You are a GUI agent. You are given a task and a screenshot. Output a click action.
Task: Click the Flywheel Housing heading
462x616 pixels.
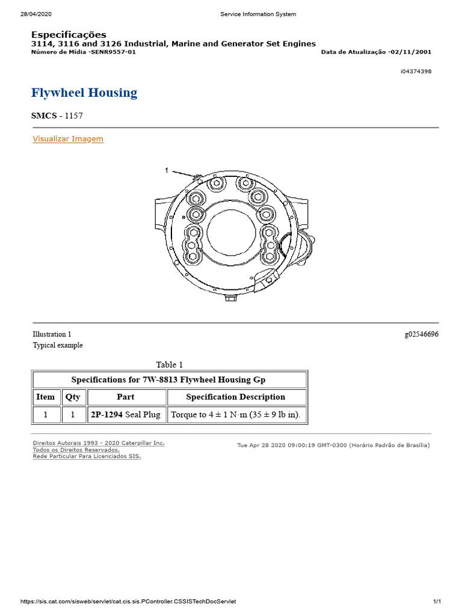84,93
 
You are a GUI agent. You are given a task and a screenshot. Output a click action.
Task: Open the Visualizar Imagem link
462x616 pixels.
68,139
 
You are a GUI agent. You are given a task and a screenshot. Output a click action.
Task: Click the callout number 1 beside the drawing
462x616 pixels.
167,171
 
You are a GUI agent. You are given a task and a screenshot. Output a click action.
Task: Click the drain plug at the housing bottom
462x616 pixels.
230,298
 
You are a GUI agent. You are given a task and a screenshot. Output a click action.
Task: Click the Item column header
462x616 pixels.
46,397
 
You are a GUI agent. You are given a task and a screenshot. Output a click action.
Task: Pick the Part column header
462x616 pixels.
126,397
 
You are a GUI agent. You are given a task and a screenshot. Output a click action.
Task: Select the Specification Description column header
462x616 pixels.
236,397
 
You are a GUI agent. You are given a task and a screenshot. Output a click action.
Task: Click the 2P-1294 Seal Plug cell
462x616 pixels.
126,415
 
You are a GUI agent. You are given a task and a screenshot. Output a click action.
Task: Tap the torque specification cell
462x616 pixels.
236,415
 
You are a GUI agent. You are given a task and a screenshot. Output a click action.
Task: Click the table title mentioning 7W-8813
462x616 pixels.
168,380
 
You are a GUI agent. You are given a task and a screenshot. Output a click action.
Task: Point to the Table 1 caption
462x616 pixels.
170,365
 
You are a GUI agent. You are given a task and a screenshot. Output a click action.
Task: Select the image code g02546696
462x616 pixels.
421,334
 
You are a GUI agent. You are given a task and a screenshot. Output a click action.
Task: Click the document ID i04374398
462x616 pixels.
416,72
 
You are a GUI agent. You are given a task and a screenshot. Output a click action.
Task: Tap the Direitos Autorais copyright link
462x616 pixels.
98,443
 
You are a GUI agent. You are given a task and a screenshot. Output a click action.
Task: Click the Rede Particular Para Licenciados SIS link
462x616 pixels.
87,457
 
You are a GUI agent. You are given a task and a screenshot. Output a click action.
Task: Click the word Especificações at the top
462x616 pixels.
69,35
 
